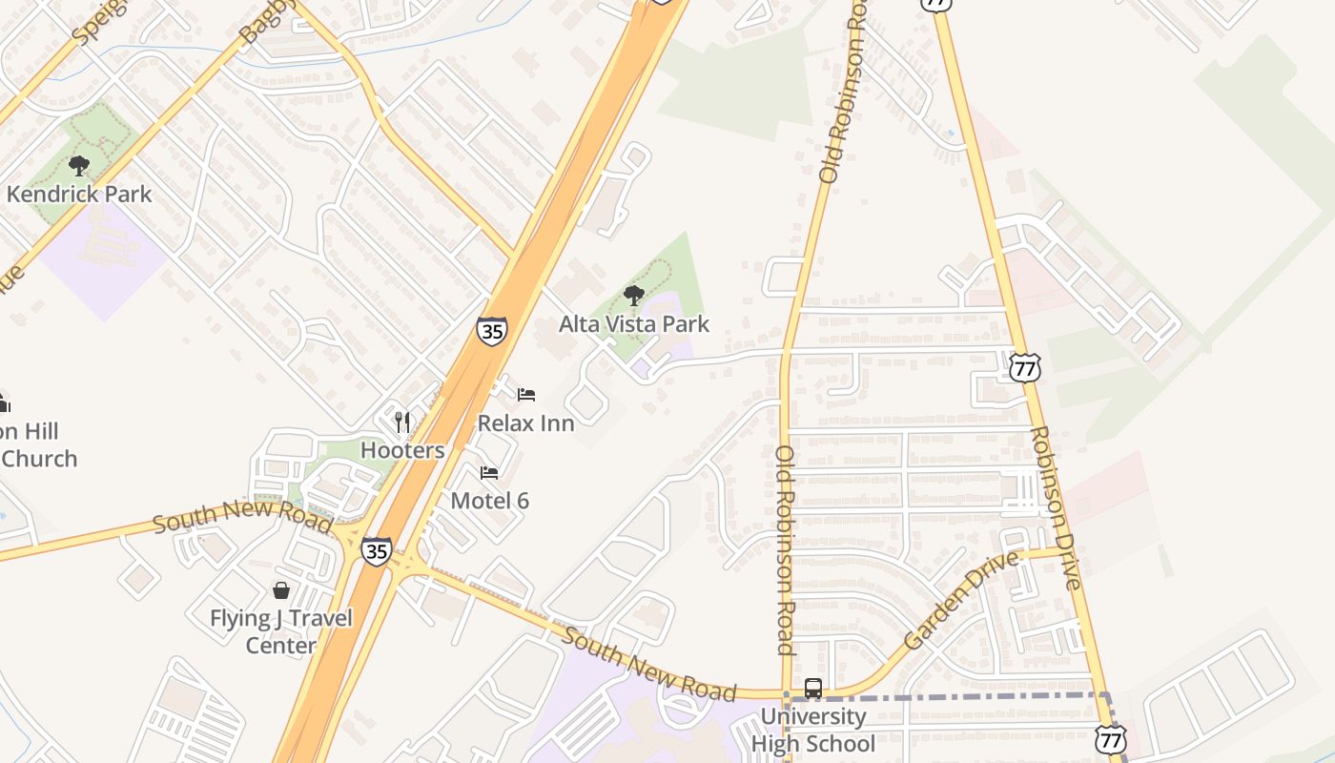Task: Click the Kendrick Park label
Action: (79, 195)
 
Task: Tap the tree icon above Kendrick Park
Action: (79, 166)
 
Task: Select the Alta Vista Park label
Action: (634, 324)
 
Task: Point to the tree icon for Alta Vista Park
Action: (633, 295)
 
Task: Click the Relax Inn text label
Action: (525, 423)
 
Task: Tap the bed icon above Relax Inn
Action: (526, 395)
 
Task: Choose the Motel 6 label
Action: (489, 501)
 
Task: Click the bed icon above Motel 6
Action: (489, 473)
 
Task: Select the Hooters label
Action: (402, 450)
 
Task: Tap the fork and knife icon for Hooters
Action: (402, 422)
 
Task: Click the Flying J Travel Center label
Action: (281, 631)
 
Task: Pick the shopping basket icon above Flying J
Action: (281, 590)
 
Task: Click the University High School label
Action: (813, 730)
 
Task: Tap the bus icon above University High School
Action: (813, 688)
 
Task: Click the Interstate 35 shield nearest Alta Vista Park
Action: (492, 331)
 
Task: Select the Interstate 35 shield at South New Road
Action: (376, 551)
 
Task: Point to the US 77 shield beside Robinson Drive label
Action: (1026, 367)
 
